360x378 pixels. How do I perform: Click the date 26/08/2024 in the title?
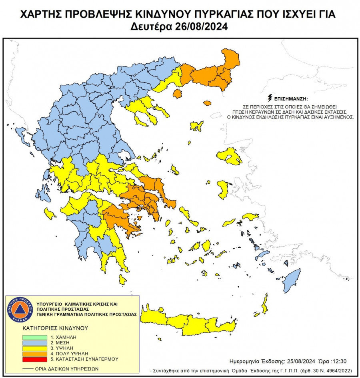pos(202,27)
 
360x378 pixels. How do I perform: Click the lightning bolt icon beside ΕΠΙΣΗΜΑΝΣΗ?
pos(270,98)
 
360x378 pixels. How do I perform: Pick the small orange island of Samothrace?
pos(207,103)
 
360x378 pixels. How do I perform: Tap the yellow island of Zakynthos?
pos(50,213)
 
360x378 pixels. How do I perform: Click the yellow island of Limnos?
pos(196,126)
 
